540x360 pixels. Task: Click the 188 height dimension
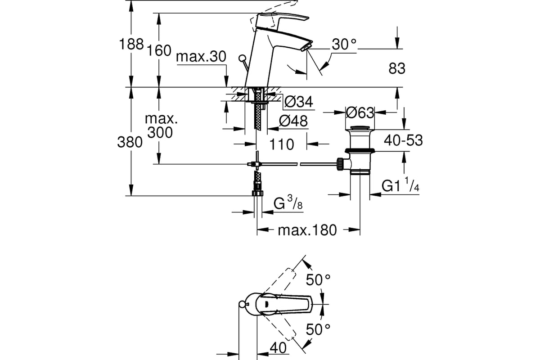pos(131,44)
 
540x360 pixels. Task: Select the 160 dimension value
pos(159,51)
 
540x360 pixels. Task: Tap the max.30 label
pos(201,57)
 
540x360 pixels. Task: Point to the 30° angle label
pos(344,45)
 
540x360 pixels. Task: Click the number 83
pos(397,68)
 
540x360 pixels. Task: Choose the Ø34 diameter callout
pos(298,102)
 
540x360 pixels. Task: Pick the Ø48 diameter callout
pos(293,121)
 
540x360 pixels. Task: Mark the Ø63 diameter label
pos(360,112)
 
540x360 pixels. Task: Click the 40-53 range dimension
pos(403,140)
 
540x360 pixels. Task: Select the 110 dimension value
pos(281,144)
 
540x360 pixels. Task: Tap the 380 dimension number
pos(130,142)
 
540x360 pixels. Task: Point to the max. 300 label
pos(161,126)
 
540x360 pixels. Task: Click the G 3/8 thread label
pos(288,202)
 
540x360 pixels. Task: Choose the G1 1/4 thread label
pos(400,184)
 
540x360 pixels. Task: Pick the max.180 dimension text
pos(307,230)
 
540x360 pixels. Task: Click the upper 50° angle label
pos(318,280)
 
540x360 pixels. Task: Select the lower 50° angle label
pos(318,329)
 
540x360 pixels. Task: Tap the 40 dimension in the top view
pos(278,348)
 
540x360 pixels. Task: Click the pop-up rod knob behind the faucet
pos(242,58)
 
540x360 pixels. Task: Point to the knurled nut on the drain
pos(340,164)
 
